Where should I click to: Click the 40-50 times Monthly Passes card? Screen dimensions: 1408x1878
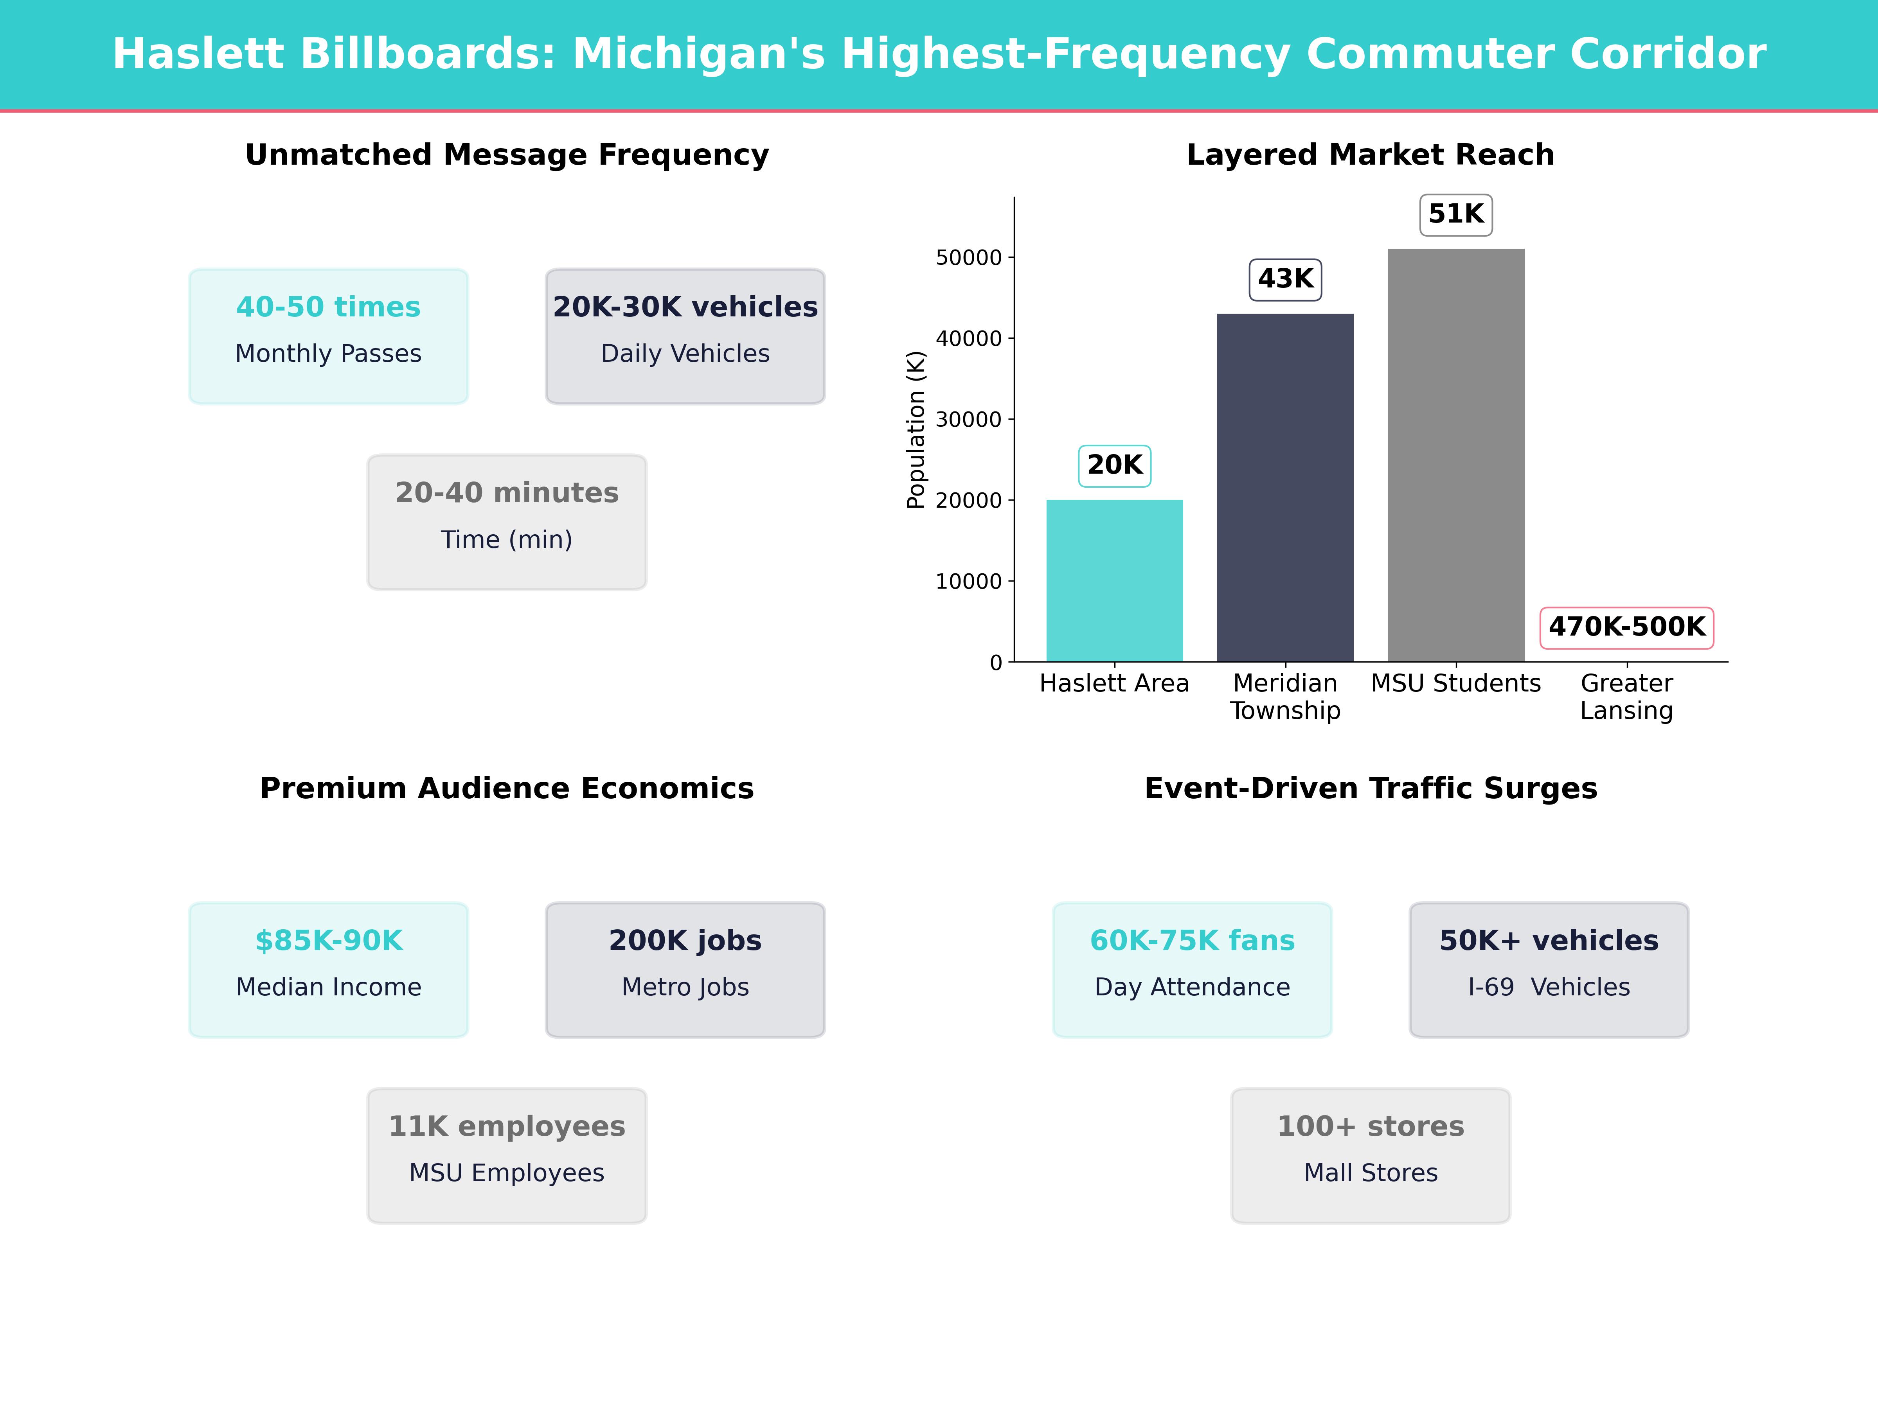[329, 336]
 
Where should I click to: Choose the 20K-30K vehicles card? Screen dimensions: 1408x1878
[685, 336]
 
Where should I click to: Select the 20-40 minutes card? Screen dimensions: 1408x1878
[507, 522]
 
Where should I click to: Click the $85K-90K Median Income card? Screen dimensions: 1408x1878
[329, 969]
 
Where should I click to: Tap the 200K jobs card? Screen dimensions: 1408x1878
[685, 969]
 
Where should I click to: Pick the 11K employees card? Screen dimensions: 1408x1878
[507, 1155]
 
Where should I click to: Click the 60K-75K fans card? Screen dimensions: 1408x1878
[1192, 969]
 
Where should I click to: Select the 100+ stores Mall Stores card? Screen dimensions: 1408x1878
[1370, 1155]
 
